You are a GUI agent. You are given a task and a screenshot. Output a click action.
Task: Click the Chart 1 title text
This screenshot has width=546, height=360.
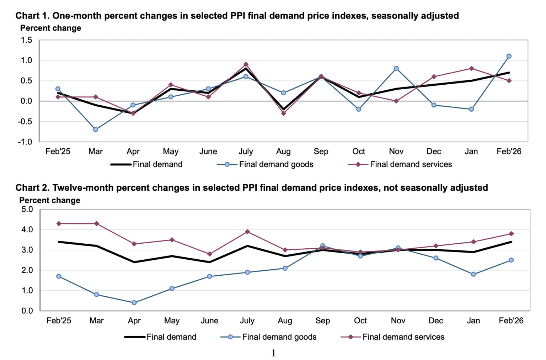tap(237, 16)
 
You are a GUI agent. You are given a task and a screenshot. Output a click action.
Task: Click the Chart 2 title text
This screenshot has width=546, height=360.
tap(252, 187)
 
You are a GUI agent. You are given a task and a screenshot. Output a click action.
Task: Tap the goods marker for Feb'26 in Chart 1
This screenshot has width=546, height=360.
tap(509, 56)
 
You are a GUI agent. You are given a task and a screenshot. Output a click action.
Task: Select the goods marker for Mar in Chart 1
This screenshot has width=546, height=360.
tap(96, 129)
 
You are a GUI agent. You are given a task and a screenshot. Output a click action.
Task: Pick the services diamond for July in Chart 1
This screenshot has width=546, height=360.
tap(246, 64)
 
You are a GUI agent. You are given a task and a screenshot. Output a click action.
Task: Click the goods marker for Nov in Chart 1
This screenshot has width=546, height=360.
tap(396, 68)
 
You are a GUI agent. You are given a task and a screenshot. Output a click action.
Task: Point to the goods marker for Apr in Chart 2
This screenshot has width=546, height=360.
tap(134, 303)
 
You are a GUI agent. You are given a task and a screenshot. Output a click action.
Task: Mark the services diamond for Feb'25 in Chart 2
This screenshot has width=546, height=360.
tap(59, 223)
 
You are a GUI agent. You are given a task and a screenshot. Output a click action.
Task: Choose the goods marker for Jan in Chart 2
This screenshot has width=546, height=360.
tap(473, 274)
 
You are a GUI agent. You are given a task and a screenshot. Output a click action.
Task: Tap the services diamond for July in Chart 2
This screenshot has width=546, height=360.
tap(247, 232)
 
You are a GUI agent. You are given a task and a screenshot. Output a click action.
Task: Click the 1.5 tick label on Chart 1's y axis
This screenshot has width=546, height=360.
tap(26, 40)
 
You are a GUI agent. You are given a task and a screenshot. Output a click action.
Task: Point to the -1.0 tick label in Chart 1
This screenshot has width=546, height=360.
tap(25, 142)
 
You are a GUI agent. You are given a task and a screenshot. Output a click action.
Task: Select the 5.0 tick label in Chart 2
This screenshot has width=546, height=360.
tap(27, 209)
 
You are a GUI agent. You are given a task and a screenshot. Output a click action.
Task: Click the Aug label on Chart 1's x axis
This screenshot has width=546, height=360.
tap(283, 152)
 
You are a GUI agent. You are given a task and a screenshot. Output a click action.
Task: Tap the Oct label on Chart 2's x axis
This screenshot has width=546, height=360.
tap(360, 321)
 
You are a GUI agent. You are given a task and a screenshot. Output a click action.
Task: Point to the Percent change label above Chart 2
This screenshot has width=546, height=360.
tap(50, 200)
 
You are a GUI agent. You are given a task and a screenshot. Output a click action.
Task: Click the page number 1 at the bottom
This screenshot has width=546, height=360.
tap(273, 353)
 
